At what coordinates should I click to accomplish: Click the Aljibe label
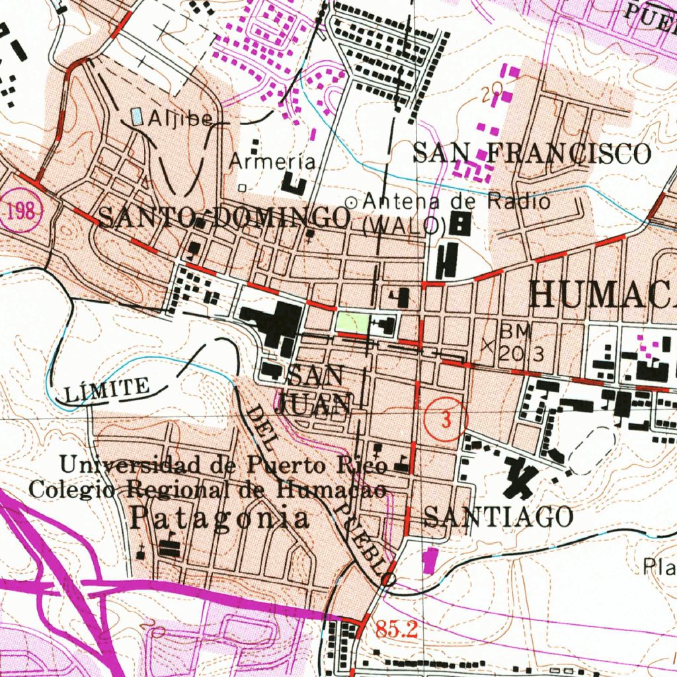pos(180,118)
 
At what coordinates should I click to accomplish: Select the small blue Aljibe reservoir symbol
pos(137,117)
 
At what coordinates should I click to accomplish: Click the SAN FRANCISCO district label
pos(532,153)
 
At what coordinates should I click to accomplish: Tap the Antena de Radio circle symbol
pos(352,202)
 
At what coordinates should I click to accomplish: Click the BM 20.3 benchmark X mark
pos(488,344)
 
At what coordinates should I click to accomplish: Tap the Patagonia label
pos(218,518)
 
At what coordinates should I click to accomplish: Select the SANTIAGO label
pos(498,516)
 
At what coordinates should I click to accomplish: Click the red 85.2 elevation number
pos(397,630)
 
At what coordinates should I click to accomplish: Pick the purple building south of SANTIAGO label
pos(430,560)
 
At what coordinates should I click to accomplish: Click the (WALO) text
pos(402,225)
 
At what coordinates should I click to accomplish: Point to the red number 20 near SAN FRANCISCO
pos(491,95)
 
